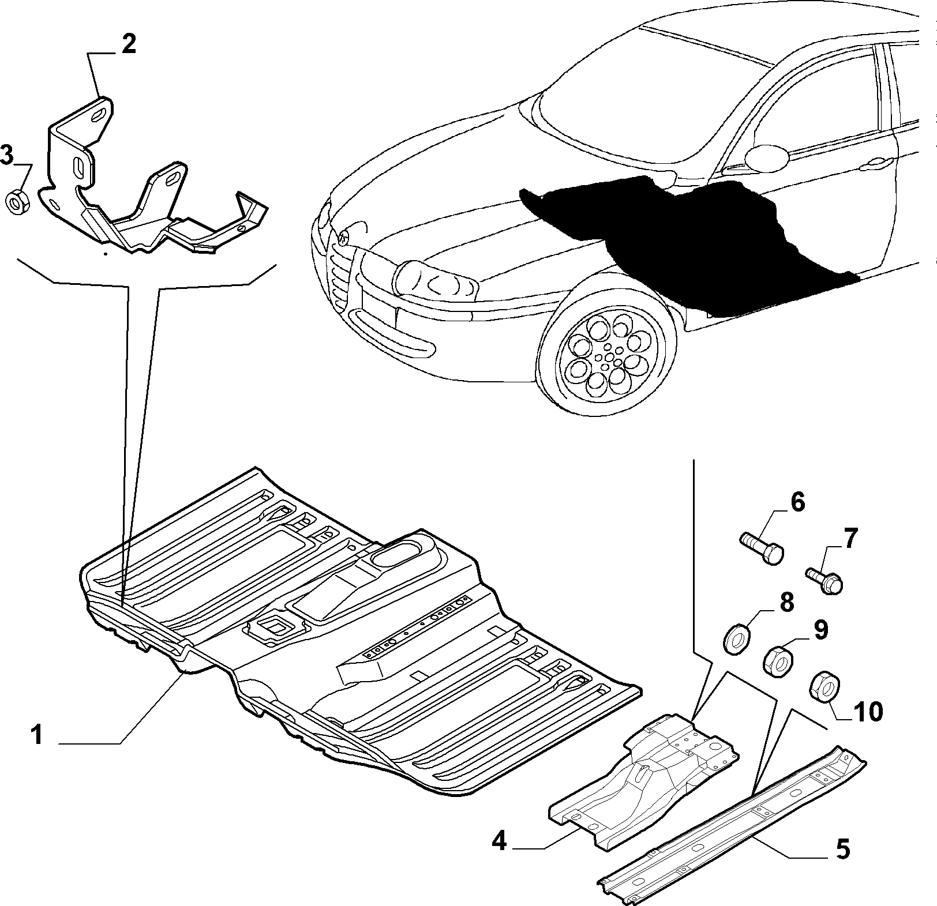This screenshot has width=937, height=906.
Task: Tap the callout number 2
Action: (128, 44)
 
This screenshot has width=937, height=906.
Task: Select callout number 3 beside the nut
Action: (7, 155)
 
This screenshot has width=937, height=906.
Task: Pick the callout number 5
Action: (842, 849)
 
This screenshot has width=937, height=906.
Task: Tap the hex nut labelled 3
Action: (17, 202)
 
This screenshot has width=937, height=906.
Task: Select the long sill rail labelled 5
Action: (733, 825)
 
